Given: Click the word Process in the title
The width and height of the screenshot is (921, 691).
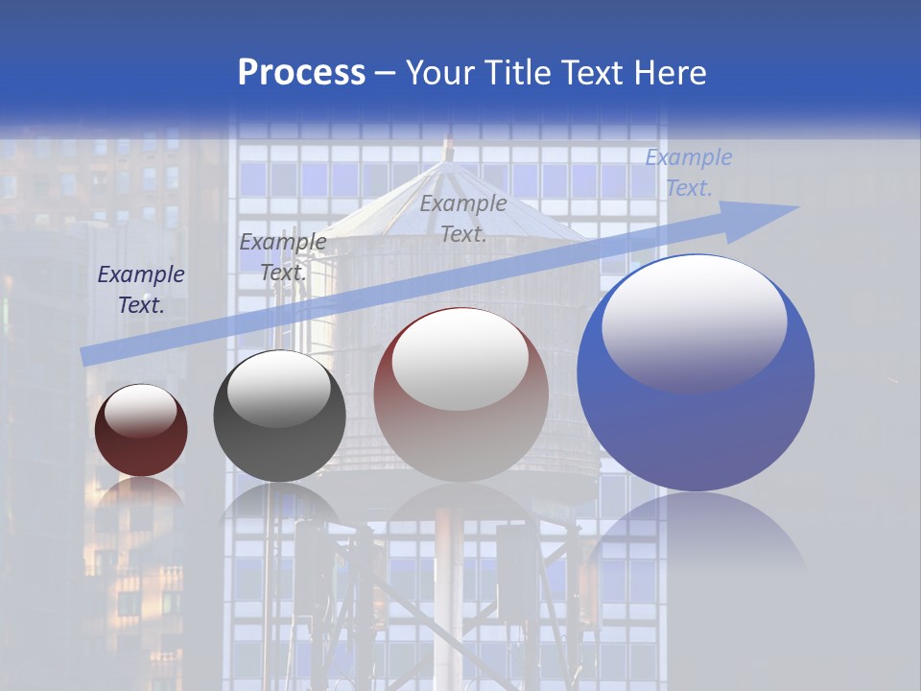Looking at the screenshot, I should point(301,73).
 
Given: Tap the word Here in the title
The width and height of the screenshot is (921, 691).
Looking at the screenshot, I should point(670,73).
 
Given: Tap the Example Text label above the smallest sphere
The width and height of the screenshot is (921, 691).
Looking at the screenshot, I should point(141,290).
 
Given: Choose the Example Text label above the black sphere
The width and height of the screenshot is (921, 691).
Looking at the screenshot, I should point(283,256).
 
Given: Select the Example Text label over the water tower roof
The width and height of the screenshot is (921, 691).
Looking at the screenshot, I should point(463,218).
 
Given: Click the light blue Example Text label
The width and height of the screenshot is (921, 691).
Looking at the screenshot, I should point(689,173).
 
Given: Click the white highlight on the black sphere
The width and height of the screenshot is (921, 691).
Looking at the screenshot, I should point(278,388).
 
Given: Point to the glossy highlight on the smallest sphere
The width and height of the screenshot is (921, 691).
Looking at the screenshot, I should point(141,411).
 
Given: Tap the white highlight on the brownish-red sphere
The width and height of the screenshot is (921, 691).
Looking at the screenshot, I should point(460,359).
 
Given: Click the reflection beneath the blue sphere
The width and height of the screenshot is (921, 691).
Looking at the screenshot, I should point(696,537).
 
